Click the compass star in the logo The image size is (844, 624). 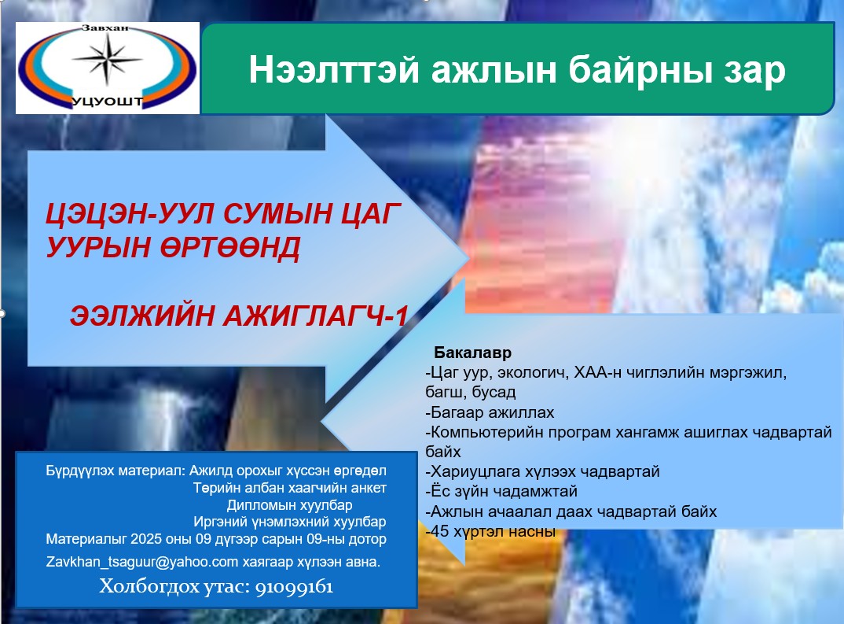tap(107, 59)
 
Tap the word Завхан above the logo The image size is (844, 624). tap(105, 28)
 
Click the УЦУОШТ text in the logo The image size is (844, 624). tap(107, 102)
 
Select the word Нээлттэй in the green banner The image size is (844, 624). tap(334, 70)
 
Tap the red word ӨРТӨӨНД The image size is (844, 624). tap(229, 248)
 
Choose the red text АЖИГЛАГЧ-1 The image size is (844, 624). tap(315, 316)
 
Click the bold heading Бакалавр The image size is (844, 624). tap(472, 353)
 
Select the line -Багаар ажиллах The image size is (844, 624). tap(490, 412)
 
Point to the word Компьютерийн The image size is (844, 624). tap(487, 433)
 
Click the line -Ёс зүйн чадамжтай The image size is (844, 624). tap(501, 491)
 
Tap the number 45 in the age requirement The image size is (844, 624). tap(440, 531)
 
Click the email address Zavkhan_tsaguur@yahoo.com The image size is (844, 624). tap(142, 562)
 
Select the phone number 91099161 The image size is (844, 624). tap(295, 587)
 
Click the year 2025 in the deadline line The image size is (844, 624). tap(147, 539)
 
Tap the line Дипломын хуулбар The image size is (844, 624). tap(290, 505)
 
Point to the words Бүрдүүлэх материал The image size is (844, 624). tap(116, 471)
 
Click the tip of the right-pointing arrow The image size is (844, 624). tap(468, 258)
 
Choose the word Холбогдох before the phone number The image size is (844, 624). tap(148, 586)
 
